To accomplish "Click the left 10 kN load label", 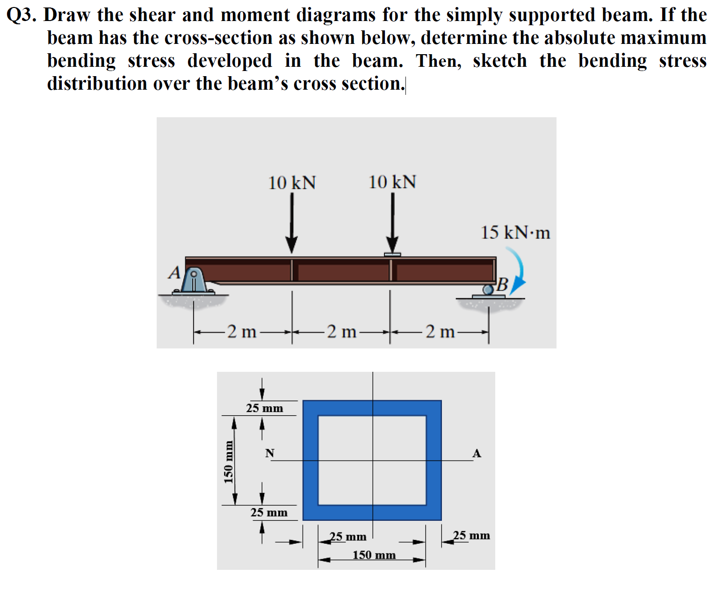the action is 292,183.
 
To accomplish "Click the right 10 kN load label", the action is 392,182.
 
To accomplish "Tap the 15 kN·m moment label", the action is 515,233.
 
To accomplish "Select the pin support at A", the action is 193,280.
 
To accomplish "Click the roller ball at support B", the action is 488,290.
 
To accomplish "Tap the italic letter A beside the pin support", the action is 174,272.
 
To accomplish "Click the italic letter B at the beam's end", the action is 502,284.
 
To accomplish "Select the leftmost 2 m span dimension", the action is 242,332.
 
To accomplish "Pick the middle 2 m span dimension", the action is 341,332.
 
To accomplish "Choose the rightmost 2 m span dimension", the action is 440,332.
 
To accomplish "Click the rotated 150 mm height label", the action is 228,461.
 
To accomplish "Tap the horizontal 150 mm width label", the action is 374,555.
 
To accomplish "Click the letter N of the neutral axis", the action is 270,453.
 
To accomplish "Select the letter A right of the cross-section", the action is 477,453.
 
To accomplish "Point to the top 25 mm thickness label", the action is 265,408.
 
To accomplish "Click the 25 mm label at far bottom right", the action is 471,535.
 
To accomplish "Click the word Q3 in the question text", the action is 22,15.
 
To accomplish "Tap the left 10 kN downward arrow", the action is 292,222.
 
